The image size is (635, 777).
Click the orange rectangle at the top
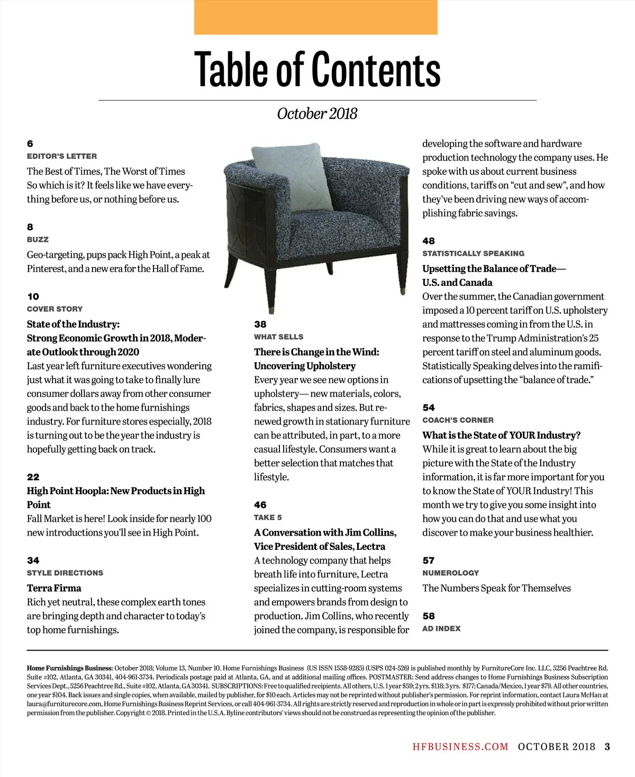click(x=315, y=17)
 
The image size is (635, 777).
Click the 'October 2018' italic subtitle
click(x=317, y=113)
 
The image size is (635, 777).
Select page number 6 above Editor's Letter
click(x=30, y=143)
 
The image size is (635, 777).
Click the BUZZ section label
click(x=38, y=239)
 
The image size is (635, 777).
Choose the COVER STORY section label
click(x=55, y=309)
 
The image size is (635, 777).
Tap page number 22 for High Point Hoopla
click(x=33, y=477)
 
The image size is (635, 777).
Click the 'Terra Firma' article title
click(x=54, y=588)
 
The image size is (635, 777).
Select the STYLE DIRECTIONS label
click(x=65, y=573)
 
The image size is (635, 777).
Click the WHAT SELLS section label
click(x=278, y=337)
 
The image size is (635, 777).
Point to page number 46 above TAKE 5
click(x=260, y=504)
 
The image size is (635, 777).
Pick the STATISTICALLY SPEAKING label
click(x=473, y=253)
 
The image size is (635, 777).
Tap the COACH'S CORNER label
click(x=458, y=420)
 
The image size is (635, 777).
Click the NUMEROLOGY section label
click(x=450, y=573)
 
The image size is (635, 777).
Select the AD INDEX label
click(x=441, y=628)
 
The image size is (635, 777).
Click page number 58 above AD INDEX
click(x=428, y=616)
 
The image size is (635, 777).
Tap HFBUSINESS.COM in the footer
click(x=460, y=746)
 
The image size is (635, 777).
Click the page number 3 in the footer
click(x=607, y=746)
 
